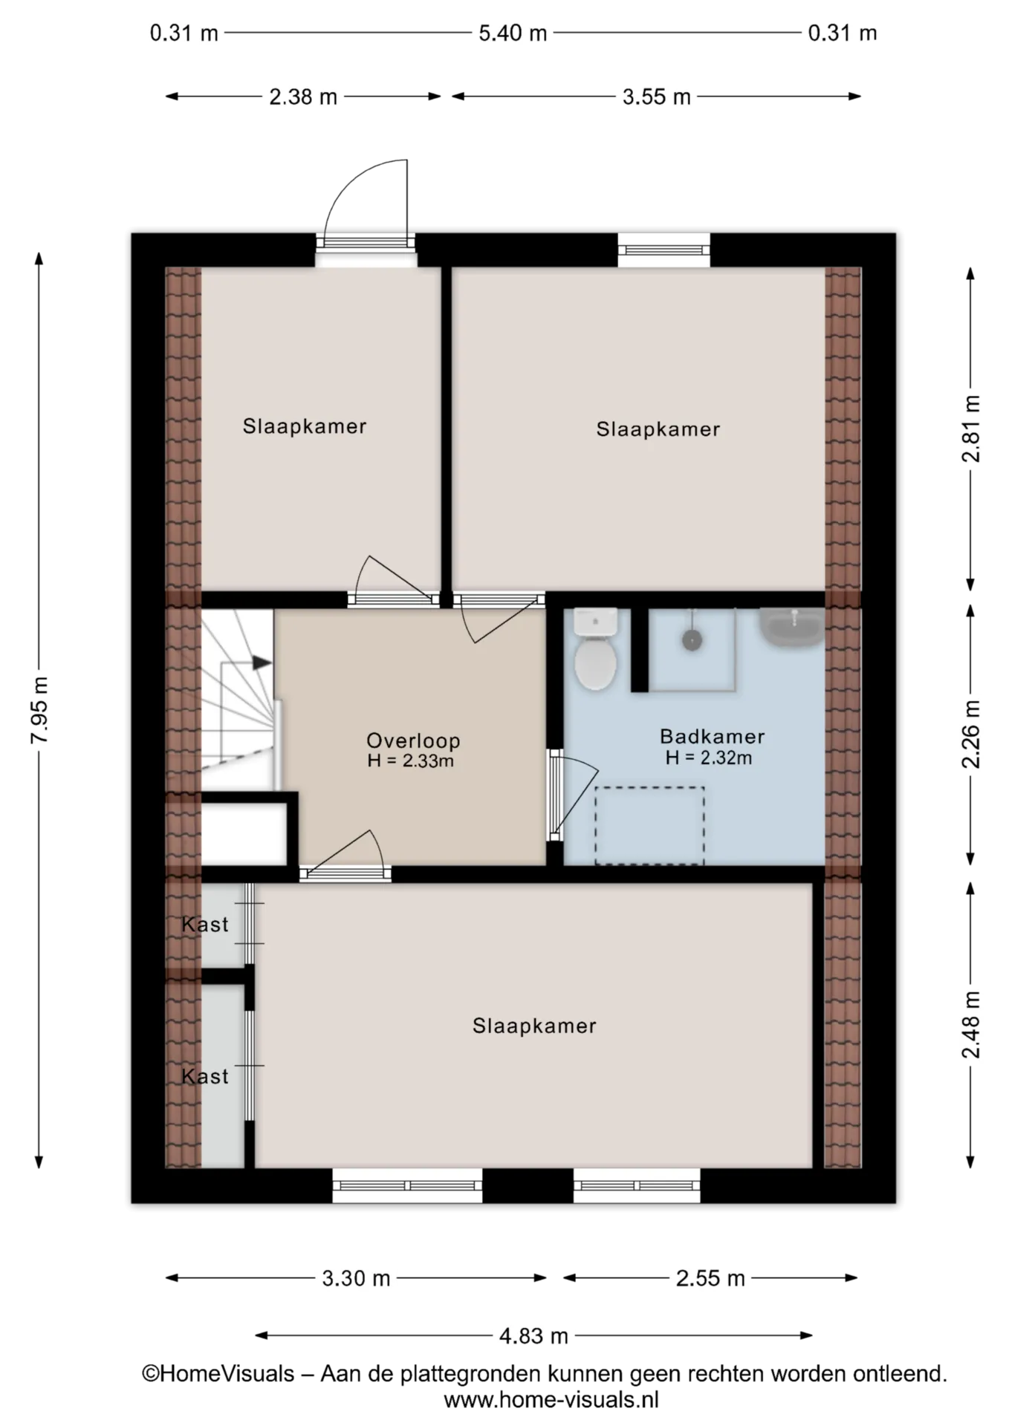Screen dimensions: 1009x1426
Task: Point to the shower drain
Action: pyautogui.click(x=692, y=639)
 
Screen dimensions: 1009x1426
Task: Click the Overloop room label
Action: pyautogui.click(x=413, y=740)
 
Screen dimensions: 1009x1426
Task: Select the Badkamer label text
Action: pyautogui.click(x=712, y=737)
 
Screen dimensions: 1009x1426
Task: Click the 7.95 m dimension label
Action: pyautogui.click(x=40, y=710)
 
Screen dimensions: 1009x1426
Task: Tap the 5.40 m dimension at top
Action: pyautogui.click(x=513, y=33)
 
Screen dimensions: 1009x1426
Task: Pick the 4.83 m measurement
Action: pyautogui.click(x=533, y=1336)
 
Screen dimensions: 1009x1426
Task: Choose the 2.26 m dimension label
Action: pyautogui.click(x=971, y=735)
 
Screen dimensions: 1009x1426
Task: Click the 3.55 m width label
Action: pyautogui.click(x=656, y=97)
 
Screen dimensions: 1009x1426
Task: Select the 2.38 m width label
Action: pyautogui.click(x=302, y=97)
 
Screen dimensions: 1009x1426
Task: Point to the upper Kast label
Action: pyautogui.click(x=205, y=925)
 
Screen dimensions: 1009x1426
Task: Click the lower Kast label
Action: pyautogui.click(x=205, y=1076)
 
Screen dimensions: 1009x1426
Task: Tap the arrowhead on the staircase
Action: pyautogui.click(x=262, y=662)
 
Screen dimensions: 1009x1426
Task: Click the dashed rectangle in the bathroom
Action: pyautogui.click(x=649, y=826)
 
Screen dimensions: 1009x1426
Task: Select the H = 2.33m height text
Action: pyautogui.click(x=410, y=761)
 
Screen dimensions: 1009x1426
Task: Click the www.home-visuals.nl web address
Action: pyautogui.click(x=551, y=1400)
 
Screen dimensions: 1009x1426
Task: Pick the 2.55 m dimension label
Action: pyautogui.click(x=710, y=1278)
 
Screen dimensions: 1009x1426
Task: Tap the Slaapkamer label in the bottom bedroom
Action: pyautogui.click(x=534, y=1026)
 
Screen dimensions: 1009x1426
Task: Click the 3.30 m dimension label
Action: pyautogui.click(x=356, y=1278)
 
